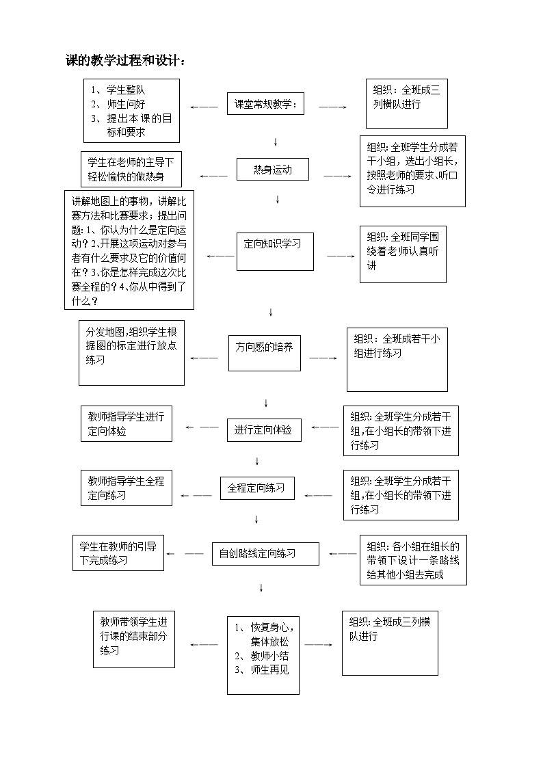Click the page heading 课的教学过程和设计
point(125,61)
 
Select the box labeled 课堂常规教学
point(265,105)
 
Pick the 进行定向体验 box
point(264,429)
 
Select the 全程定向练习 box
point(256,488)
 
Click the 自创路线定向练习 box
point(265,553)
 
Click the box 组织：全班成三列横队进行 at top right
point(406,103)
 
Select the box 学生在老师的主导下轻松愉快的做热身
point(131,170)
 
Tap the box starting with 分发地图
point(131,353)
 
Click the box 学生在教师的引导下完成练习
point(118,553)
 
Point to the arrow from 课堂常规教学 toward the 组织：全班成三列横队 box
point(332,107)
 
